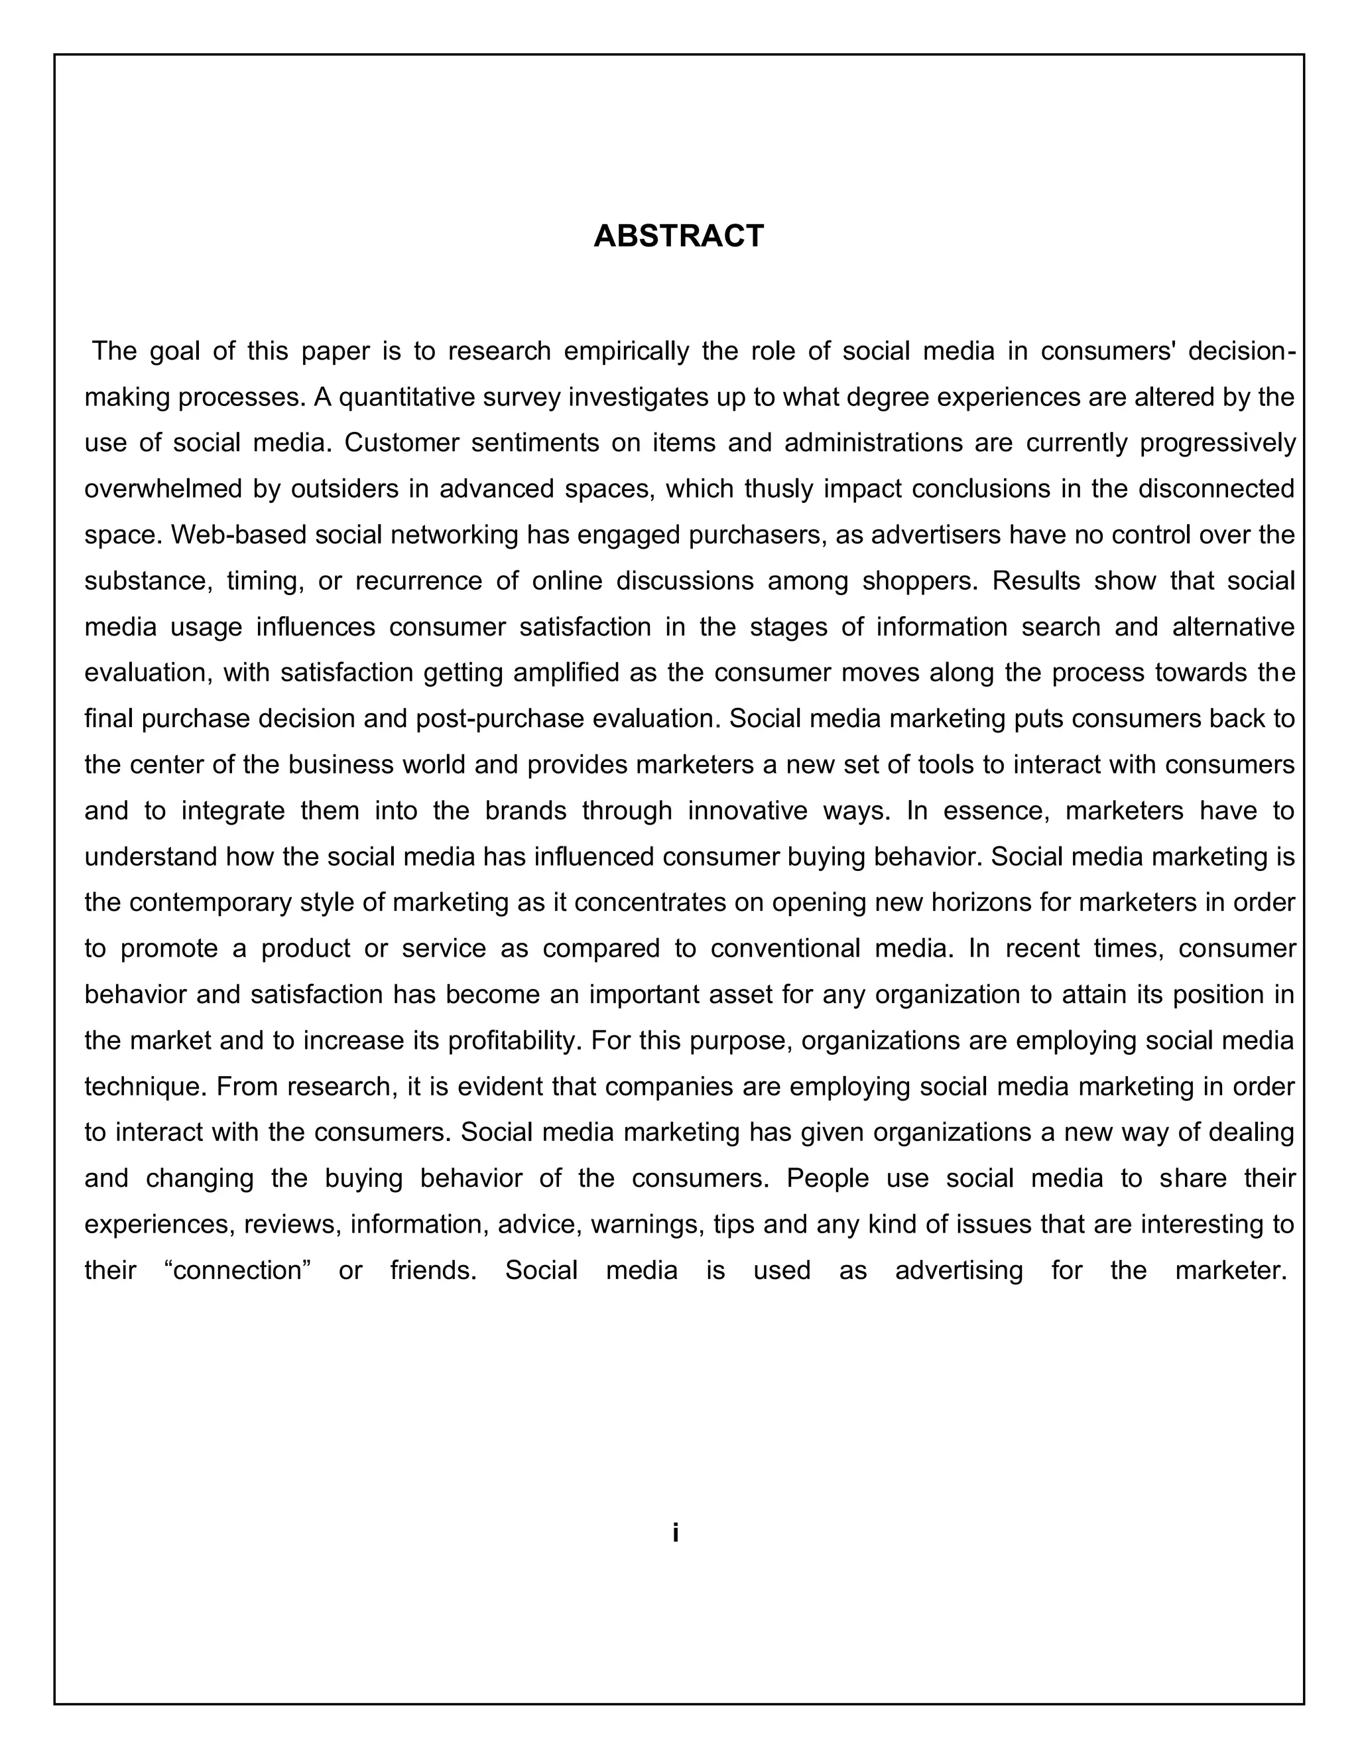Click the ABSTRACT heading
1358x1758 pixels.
tap(678, 236)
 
